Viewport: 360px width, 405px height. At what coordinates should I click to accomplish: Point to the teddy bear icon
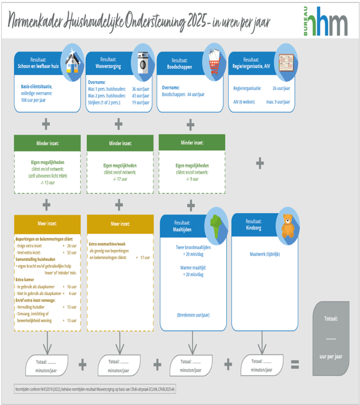tap(288, 225)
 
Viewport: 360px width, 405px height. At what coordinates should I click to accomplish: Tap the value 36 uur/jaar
tap(140, 88)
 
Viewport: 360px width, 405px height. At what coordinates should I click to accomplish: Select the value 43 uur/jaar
tap(140, 95)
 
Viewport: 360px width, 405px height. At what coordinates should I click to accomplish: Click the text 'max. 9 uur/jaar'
tap(278, 102)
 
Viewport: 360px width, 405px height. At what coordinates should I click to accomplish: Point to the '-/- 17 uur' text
tap(119, 178)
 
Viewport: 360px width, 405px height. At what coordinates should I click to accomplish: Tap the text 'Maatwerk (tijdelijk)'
tap(265, 254)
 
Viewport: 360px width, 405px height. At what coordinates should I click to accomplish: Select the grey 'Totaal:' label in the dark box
tap(331, 318)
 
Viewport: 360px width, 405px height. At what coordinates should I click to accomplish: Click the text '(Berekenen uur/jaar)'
tap(193, 315)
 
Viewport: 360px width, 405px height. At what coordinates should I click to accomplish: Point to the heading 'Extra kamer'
tap(25, 279)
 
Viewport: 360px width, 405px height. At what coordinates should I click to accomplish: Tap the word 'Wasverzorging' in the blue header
tap(108, 66)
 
